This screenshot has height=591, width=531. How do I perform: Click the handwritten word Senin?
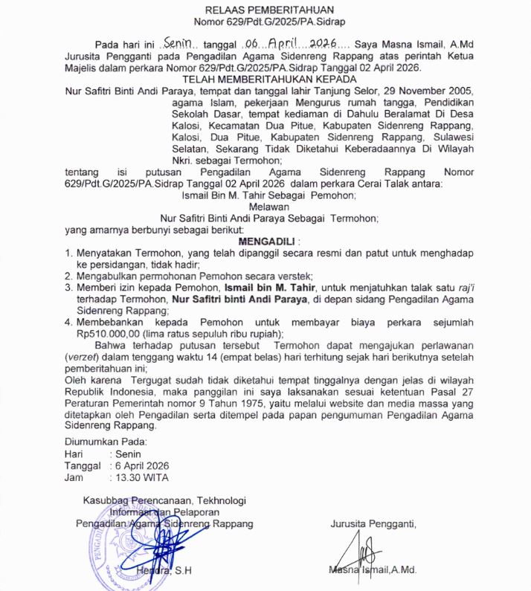point(178,44)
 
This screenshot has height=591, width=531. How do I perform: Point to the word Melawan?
point(268,207)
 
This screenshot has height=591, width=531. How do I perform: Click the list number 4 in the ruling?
point(67,322)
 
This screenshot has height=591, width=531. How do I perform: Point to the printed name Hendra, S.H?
point(164,571)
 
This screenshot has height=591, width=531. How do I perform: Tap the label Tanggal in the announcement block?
point(82,465)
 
